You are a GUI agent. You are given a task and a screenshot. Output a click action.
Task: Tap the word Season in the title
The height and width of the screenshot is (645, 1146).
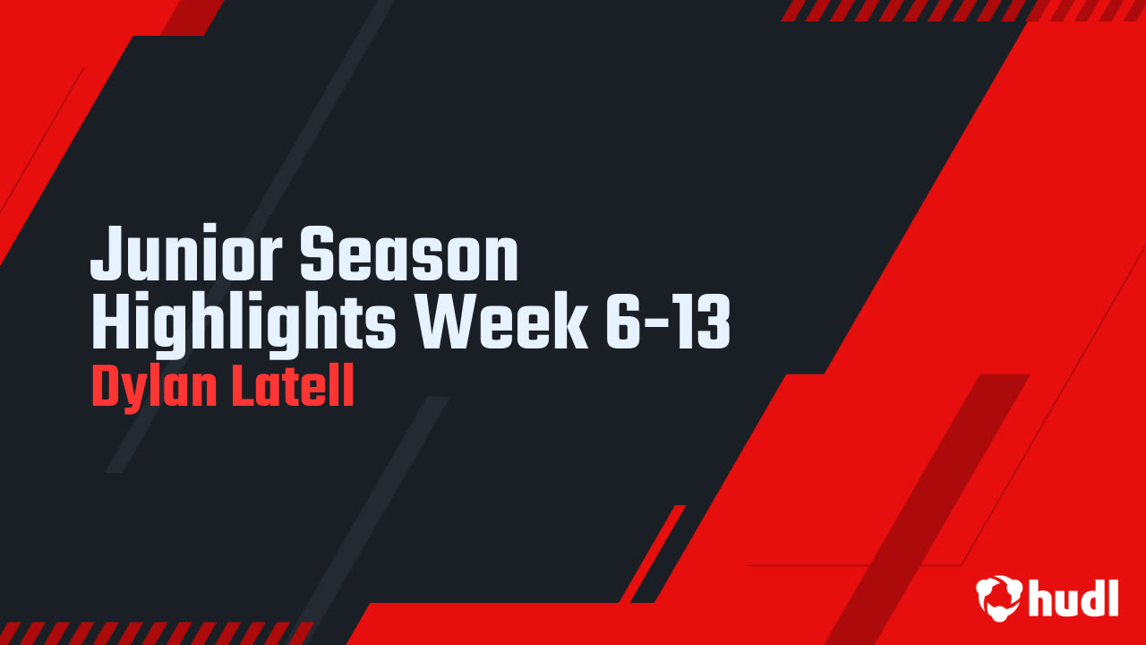tap(409, 255)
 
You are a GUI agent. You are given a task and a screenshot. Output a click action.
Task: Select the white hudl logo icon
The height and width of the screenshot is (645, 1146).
tap(998, 598)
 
